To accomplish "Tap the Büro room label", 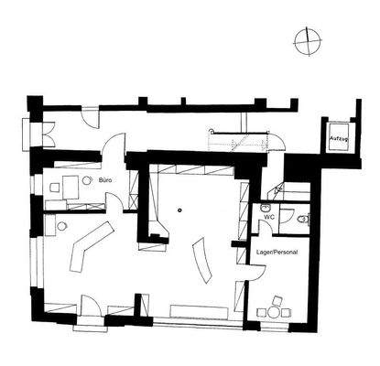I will pyautogui.click(x=105, y=180).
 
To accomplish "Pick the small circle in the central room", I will pyautogui.click(x=180, y=210).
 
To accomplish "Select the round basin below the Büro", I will pyautogui.click(x=61, y=225).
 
